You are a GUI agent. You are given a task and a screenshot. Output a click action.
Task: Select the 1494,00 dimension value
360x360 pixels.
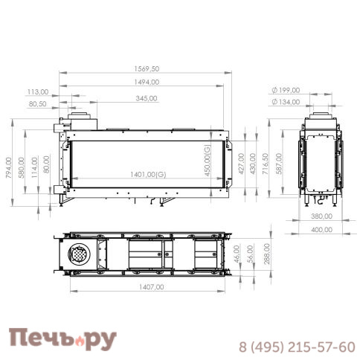(146, 82)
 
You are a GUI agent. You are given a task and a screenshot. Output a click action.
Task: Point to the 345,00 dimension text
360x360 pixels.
(147, 98)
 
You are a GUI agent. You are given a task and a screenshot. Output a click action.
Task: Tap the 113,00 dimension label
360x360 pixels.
(38, 91)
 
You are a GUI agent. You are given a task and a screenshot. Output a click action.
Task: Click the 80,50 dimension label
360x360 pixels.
(38, 104)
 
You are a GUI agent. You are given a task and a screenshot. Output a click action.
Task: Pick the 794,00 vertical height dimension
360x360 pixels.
(9, 167)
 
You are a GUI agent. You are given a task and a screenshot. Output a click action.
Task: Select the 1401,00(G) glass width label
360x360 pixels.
(147, 174)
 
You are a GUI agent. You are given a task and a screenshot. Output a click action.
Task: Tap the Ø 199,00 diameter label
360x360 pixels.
(286, 90)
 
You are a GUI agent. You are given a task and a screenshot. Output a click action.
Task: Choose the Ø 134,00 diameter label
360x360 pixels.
(286, 101)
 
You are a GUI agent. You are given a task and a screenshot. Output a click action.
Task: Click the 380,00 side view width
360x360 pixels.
(321, 217)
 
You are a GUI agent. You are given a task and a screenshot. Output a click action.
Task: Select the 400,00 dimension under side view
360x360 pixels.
(321, 230)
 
